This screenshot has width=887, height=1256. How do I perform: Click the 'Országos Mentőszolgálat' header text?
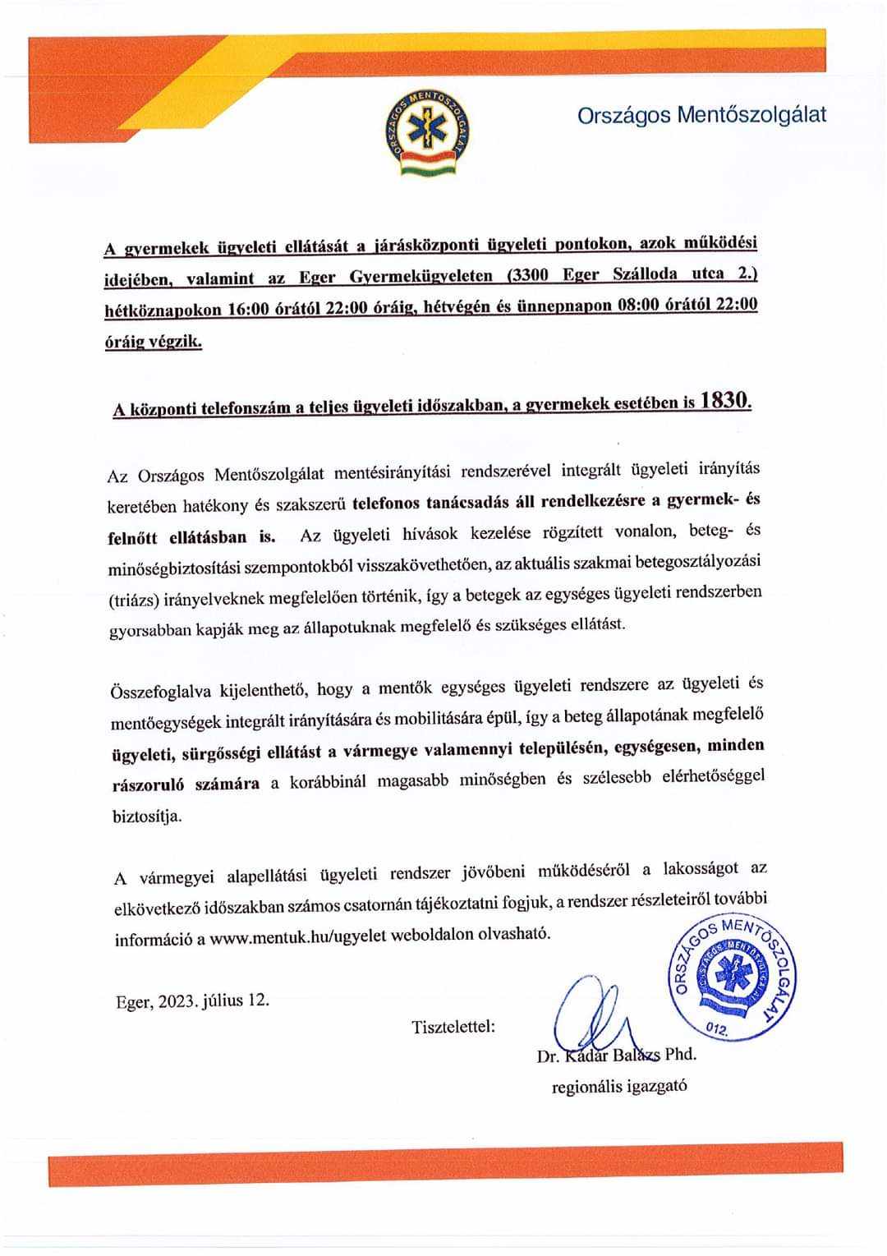(701, 115)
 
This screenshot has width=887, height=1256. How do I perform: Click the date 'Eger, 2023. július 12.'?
(191, 1001)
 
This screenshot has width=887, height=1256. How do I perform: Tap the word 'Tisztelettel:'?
(453, 1025)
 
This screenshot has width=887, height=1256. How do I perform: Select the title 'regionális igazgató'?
(619, 1086)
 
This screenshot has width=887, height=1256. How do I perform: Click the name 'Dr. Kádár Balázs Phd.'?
(616, 1055)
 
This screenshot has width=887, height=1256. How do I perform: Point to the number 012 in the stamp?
(717, 1029)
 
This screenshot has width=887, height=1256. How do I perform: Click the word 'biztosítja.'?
(147, 816)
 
